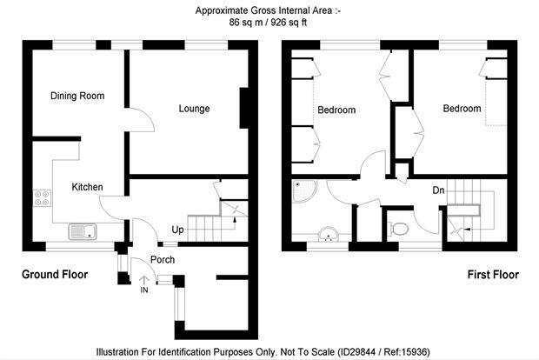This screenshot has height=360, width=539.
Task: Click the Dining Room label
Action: click(77, 96)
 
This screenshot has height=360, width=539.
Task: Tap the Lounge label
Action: click(194, 109)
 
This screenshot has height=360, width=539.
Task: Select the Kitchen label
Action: click(87, 187)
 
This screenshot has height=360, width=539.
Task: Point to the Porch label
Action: click(163, 259)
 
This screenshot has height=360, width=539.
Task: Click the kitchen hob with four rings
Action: click(43, 198)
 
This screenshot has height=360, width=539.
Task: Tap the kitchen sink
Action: click(83, 231)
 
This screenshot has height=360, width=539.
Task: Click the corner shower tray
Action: click(304, 190)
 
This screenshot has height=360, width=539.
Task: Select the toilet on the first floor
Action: click(398, 229)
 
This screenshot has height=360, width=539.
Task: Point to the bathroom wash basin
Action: click(329, 234)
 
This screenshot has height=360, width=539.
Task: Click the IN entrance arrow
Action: click(144, 280)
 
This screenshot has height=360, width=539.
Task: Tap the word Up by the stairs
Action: click(177, 230)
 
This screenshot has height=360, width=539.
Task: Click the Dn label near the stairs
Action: click(438, 190)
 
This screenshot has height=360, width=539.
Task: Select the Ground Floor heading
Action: click(55, 275)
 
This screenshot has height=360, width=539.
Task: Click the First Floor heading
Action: click(493, 275)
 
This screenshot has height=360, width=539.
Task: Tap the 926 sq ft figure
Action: click(289, 23)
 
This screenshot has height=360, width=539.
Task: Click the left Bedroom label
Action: click(336, 110)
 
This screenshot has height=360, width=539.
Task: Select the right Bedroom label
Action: click(462, 109)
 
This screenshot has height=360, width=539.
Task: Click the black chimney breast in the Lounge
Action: click(243, 108)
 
